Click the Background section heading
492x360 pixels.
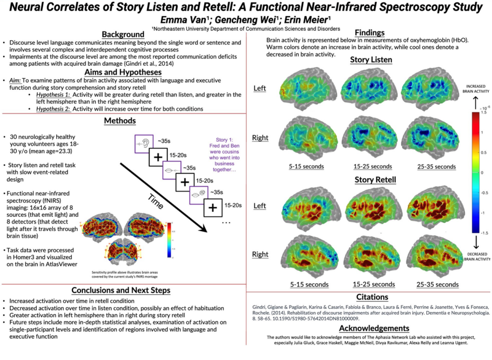tap(123, 34)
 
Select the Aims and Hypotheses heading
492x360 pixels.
tap(123, 71)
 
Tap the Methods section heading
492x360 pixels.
tap(123, 120)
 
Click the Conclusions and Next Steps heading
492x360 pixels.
tap(123, 290)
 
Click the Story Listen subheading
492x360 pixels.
tap(371, 60)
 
